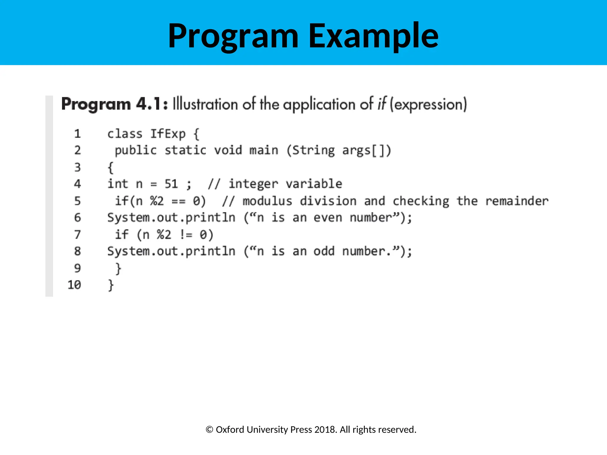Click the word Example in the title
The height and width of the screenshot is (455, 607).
373,36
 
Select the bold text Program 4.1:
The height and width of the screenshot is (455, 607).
114,104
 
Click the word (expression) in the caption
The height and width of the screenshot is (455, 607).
428,104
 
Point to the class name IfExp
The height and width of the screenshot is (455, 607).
168,134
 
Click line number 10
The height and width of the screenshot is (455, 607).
74,285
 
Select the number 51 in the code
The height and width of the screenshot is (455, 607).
171,184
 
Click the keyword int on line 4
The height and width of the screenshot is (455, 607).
118,184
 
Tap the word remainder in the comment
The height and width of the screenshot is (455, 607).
517,201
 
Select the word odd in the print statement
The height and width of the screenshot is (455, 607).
324,251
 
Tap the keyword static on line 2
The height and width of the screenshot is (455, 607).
185,150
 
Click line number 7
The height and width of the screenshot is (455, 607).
77,235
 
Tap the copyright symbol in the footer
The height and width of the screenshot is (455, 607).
210,430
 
